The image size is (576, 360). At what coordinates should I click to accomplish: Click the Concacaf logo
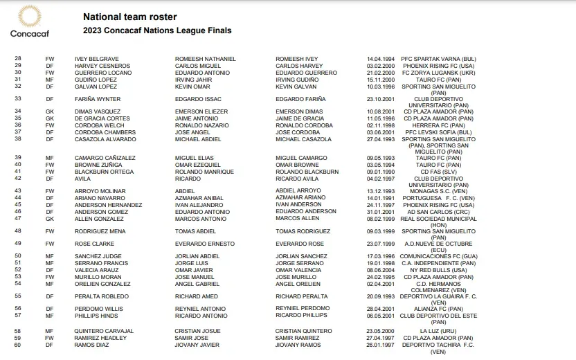point(28,21)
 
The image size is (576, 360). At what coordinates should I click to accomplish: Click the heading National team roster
point(129,17)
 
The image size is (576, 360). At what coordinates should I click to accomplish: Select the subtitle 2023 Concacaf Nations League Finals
point(157,31)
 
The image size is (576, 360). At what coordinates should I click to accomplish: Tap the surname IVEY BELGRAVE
point(97,59)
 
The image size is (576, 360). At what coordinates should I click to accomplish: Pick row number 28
point(18,59)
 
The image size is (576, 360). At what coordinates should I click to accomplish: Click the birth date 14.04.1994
point(381,59)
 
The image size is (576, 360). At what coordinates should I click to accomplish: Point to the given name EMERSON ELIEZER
point(201,111)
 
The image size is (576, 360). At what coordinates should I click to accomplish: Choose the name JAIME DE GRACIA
point(300,118)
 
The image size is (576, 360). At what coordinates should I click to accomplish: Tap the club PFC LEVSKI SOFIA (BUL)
point(439,132)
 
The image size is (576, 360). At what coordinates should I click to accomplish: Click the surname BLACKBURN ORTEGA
point(105,172)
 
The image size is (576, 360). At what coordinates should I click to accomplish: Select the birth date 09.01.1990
point(381,172)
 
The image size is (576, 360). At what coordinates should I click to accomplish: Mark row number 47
point(18,218)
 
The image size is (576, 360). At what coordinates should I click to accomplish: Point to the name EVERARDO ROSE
point(300,244)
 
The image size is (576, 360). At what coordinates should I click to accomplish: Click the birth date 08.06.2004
point(381,270)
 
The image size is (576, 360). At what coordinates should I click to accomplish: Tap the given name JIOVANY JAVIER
point(197,345)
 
